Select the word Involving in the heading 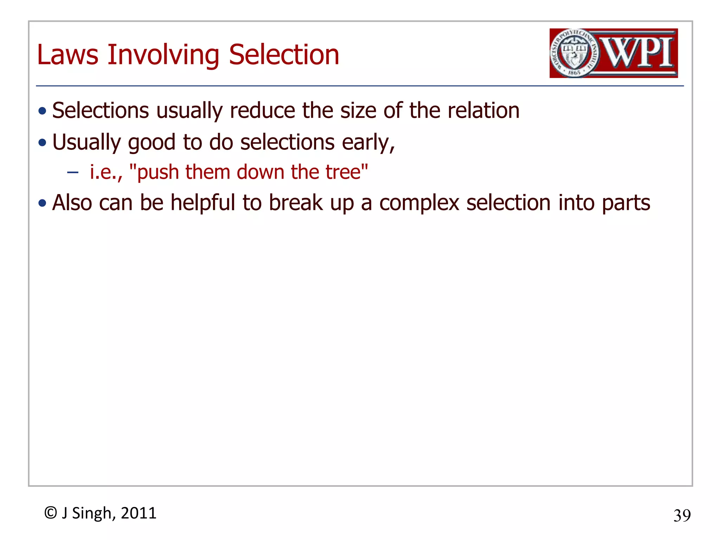(163, 56)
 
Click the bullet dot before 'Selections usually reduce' (43, 111)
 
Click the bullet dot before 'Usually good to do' (43, 143)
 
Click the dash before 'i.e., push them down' (73, 172)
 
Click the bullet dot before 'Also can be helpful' (43, 203)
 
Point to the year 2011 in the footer (139, 513)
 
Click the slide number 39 (682, 516)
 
